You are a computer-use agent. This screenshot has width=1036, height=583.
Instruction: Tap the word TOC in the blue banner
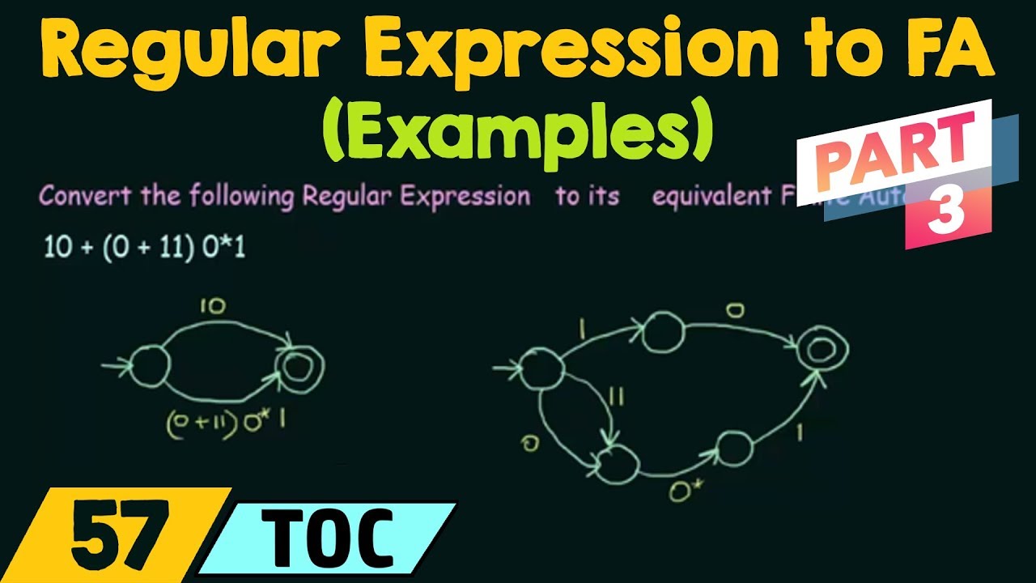[331, 536]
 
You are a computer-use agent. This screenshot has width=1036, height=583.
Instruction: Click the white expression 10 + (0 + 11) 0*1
[145, 248]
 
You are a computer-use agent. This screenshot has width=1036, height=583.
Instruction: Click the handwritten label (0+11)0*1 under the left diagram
[225, 424]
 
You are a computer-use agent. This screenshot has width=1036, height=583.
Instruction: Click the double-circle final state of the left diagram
[299, 368]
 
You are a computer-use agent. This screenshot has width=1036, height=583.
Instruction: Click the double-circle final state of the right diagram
[822, 349]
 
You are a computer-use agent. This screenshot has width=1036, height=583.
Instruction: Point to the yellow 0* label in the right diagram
[681, 489]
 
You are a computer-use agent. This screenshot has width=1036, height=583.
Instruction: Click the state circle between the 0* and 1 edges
[732, 447]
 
